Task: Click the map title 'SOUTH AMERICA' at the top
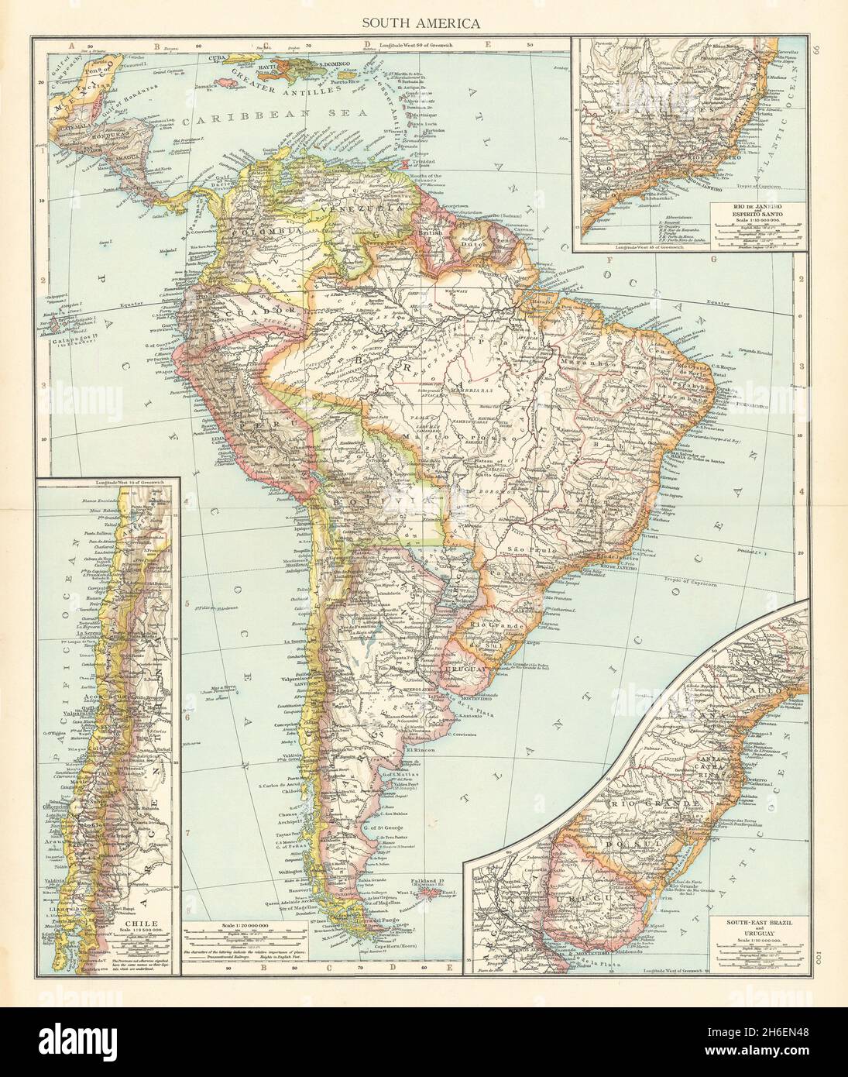pos(422,22)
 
